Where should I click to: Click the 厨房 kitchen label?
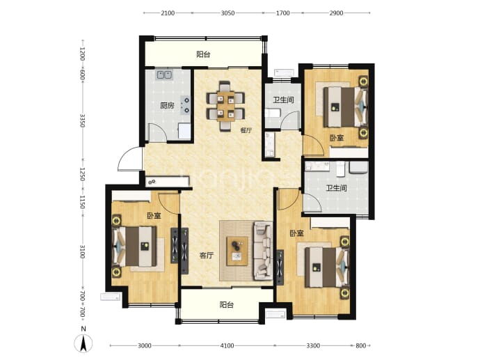coord(167,106)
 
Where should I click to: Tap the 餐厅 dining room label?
coord(246,130)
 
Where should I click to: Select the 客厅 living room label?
coord(207,256)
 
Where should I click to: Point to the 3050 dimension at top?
coord(227,13)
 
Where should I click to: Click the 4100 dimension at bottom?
coord(227,345)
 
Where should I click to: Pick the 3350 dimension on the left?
coord(82,120)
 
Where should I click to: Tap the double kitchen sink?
coord(164,75)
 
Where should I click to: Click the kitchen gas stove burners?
coord(186,104)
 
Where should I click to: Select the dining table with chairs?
coord(225,106)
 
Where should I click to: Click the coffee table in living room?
coord(237,251)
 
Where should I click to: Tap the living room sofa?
coord(263,251)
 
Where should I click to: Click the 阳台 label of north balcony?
coord(203,54)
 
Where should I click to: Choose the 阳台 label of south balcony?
coord(227,305)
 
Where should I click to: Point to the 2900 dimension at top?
coord(336,13)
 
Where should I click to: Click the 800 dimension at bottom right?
coord(361,345)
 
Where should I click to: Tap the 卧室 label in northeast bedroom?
coord(337,138)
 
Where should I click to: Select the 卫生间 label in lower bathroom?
coord(336,187)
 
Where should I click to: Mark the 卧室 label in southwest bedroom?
coord(154,216)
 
